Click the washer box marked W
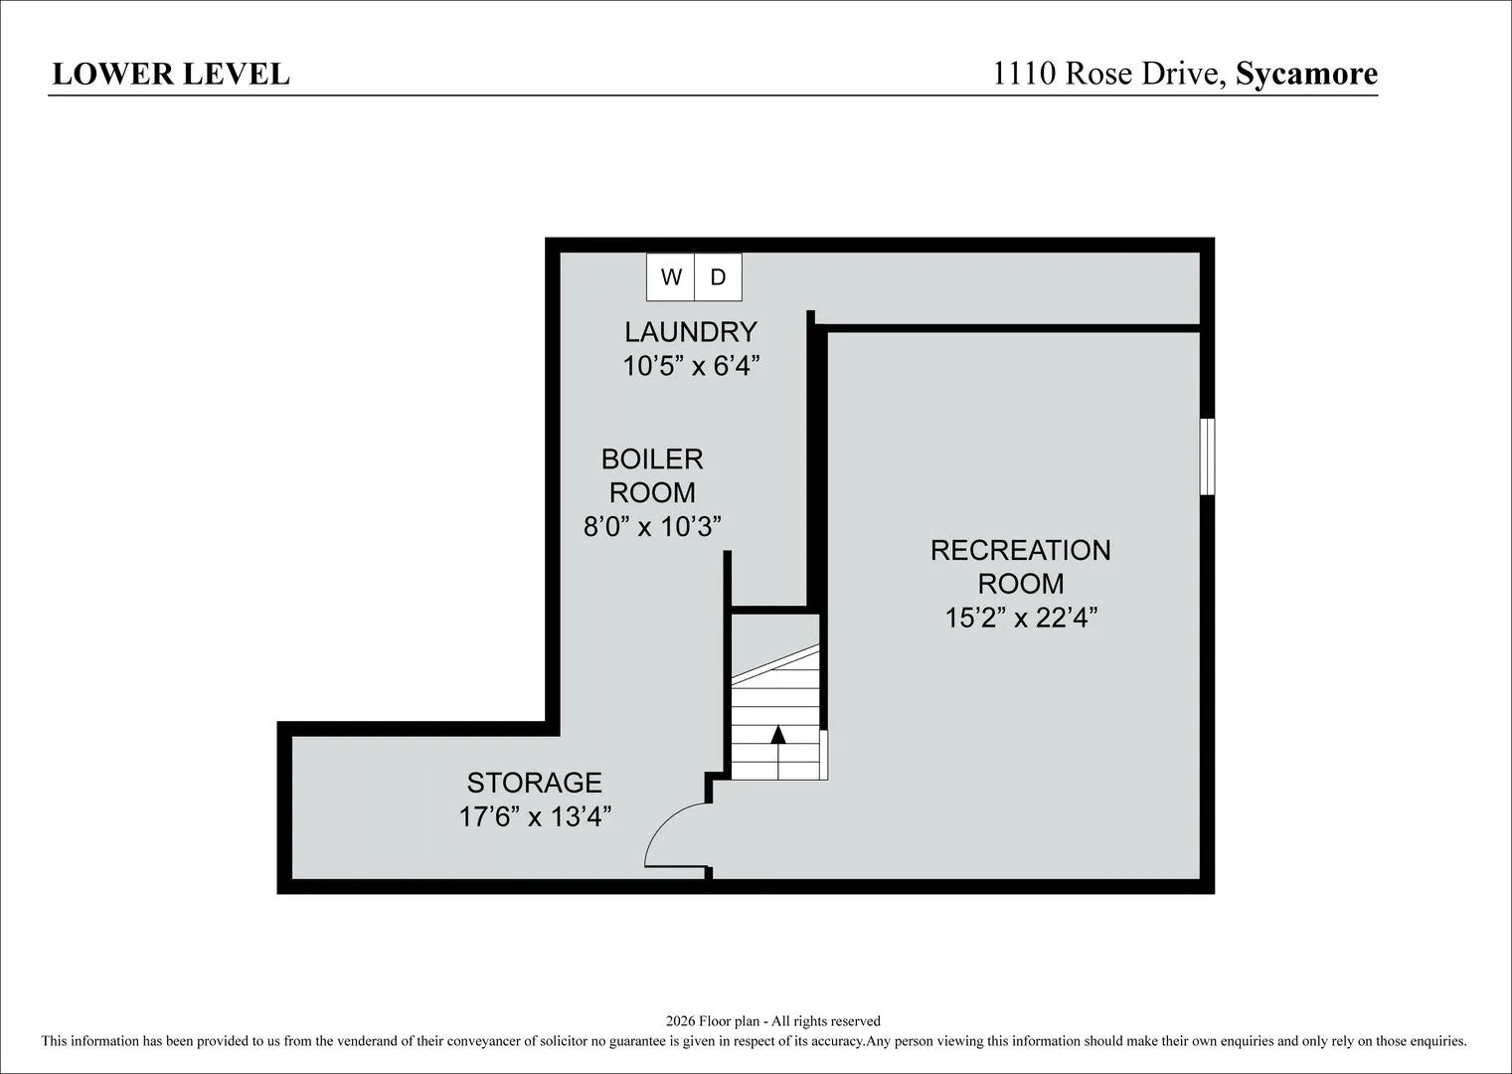tap(670, 276)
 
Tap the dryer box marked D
tap(718, 276)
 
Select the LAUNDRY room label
tap(691, 332)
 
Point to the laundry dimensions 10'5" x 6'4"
tap(691, 367)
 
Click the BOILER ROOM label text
tap(652, 476)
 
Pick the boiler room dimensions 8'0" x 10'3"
tap(652, 526)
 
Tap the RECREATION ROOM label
tap(1021, 567)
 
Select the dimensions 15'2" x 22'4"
tap(1021, 618)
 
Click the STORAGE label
tap(534, 783)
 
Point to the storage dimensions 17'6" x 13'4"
tap(535, 816)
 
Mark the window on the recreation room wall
tap(1207, 456)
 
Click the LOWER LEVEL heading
tap(171, 75)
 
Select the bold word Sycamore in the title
tap(1307, 74)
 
